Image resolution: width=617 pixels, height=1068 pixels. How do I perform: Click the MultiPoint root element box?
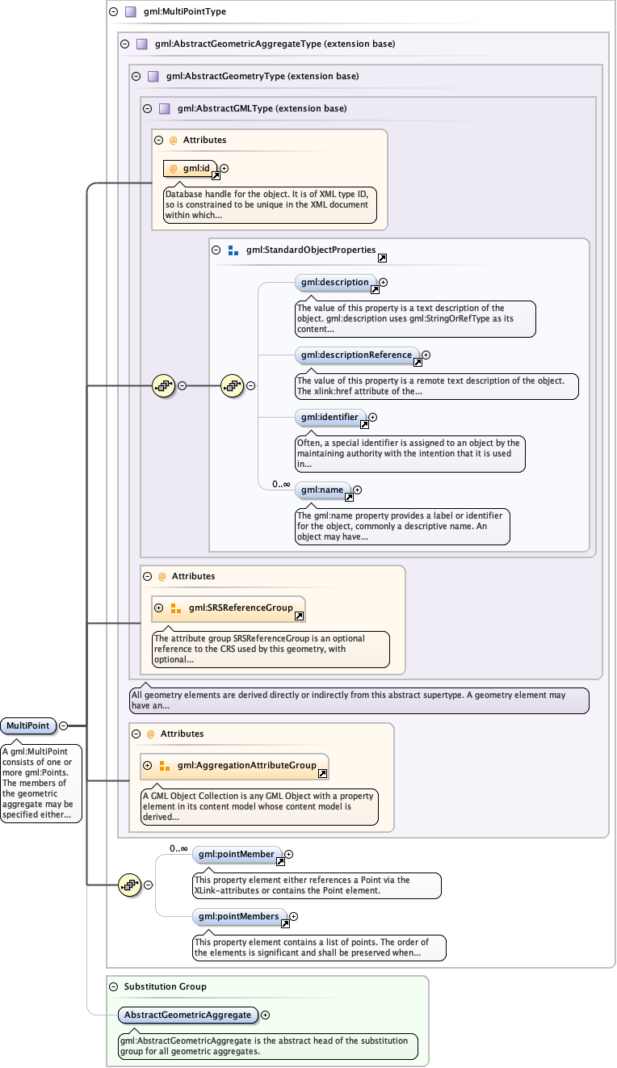pos(27,725)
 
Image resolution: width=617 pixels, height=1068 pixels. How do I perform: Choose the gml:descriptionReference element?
pos(356,355)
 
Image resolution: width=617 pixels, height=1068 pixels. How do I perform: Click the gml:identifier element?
pos(329,418)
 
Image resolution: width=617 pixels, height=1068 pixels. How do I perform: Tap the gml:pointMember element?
pos(237,854)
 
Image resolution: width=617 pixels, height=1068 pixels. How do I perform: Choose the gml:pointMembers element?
pos(239,916)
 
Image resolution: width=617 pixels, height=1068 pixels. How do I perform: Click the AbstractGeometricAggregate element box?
pos(187,1014)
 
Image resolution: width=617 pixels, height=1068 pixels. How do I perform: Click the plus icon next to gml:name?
pos(357,490)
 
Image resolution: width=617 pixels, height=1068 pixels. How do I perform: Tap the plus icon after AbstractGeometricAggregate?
pos(265,1015)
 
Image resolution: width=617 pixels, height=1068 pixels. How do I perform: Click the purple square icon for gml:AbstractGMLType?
pos(164,108)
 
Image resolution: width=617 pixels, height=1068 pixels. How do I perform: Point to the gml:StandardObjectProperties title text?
pos(300,250)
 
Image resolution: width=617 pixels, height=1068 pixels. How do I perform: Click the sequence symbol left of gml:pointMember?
pos(128,885)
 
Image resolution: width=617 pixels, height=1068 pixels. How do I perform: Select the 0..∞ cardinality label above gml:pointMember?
pos(178,848)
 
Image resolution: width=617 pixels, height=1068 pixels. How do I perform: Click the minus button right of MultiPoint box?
pos(63,725)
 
